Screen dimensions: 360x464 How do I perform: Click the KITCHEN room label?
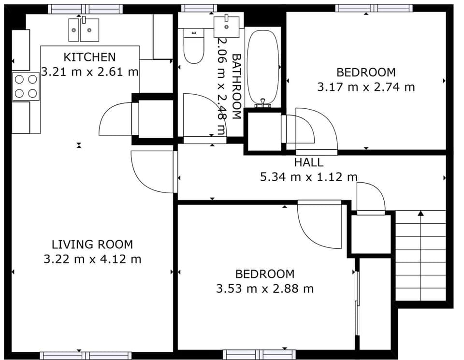point(90,57)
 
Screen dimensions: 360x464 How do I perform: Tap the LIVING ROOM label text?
point(92,245)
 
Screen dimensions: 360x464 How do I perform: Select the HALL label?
point(308,162)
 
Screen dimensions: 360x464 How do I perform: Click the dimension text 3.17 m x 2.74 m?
point(366,87)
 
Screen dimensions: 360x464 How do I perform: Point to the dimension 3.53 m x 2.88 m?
point(265,289)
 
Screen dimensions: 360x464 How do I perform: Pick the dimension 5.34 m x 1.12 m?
point(308,177)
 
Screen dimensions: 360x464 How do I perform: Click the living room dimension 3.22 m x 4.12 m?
point(92,259)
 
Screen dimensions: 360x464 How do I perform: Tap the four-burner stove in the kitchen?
point(26,86)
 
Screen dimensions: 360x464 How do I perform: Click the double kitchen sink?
point(83,30)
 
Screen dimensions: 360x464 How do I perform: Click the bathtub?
point(263,68)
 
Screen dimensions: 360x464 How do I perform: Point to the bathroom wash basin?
point(226,26)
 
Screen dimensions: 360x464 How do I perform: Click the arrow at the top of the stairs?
point(420,213)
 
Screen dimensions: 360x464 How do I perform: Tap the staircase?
point(420,256)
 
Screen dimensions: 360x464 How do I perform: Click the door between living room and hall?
point(152,172)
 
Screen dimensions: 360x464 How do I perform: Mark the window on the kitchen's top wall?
point(85,9)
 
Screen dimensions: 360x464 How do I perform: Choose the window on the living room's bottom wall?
point(85,356)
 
